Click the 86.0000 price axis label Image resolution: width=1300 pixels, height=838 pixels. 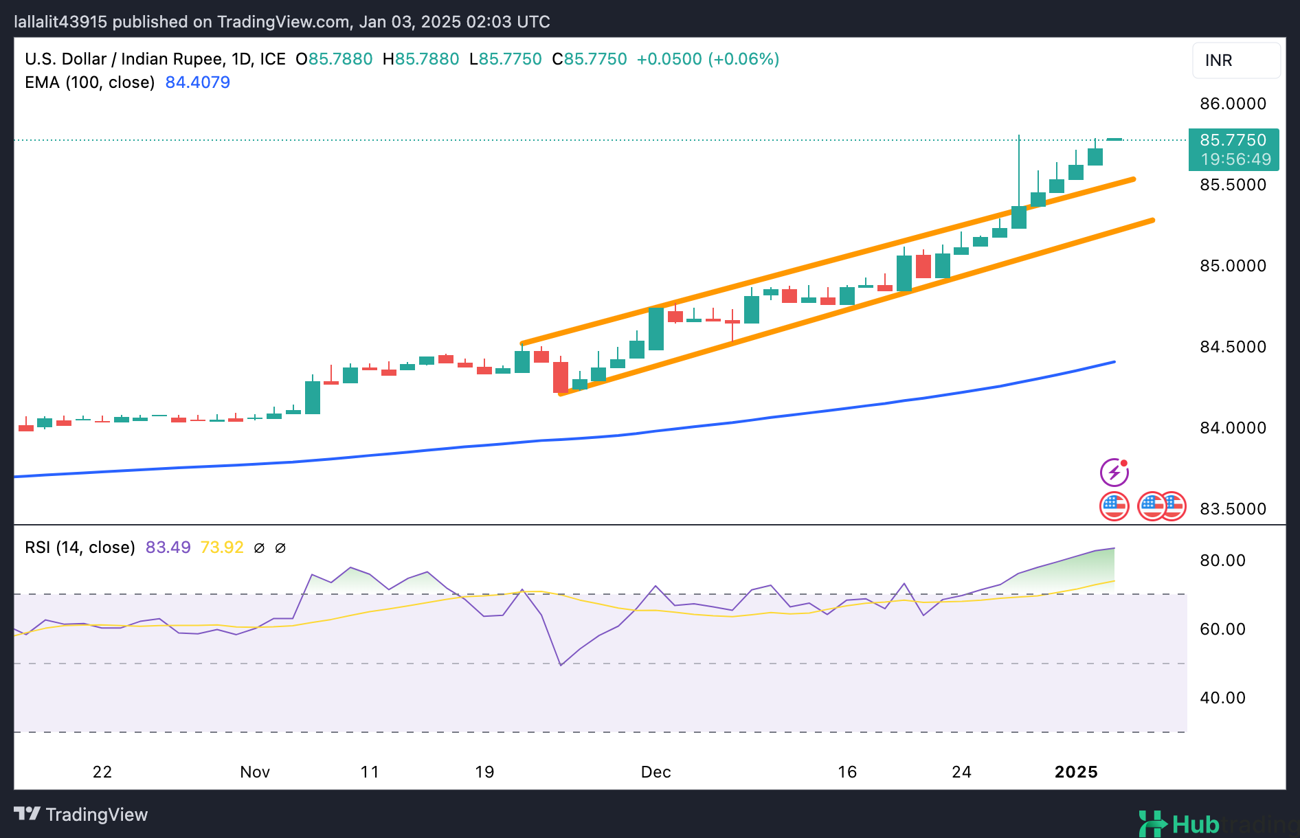click(x=1233, y=104)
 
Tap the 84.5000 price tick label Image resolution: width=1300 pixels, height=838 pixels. click(x=1233, y=347)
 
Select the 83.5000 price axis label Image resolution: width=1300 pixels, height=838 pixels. click(x=1233, y=509)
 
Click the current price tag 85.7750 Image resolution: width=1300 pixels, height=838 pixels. click(x=1233, y=140)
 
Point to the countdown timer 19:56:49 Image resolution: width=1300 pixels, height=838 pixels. click(x=1235, y=159)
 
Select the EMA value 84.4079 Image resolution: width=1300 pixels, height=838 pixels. click(x=198, y=82)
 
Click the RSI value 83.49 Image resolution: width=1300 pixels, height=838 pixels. click(x=168, y=547)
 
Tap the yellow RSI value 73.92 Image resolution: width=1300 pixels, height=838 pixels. click(x=222, y=547)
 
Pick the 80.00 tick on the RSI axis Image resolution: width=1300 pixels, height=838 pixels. click(x=1222, y=560)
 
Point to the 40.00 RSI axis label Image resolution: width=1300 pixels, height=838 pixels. click(x=1222, y=698)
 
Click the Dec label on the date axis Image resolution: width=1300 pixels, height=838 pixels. click(x=655, y=772)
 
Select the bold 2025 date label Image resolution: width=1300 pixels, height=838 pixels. click(x=1076, y=772)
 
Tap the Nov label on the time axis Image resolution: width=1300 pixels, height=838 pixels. click(x=255, y=772)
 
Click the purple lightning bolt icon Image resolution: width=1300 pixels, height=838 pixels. click(x=1114, y=473)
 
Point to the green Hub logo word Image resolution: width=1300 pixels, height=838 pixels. click(x=1195, y=824)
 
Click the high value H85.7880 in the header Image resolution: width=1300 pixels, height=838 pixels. click(x=421, y=59)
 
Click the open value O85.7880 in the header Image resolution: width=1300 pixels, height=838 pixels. click(x=334, y=59)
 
